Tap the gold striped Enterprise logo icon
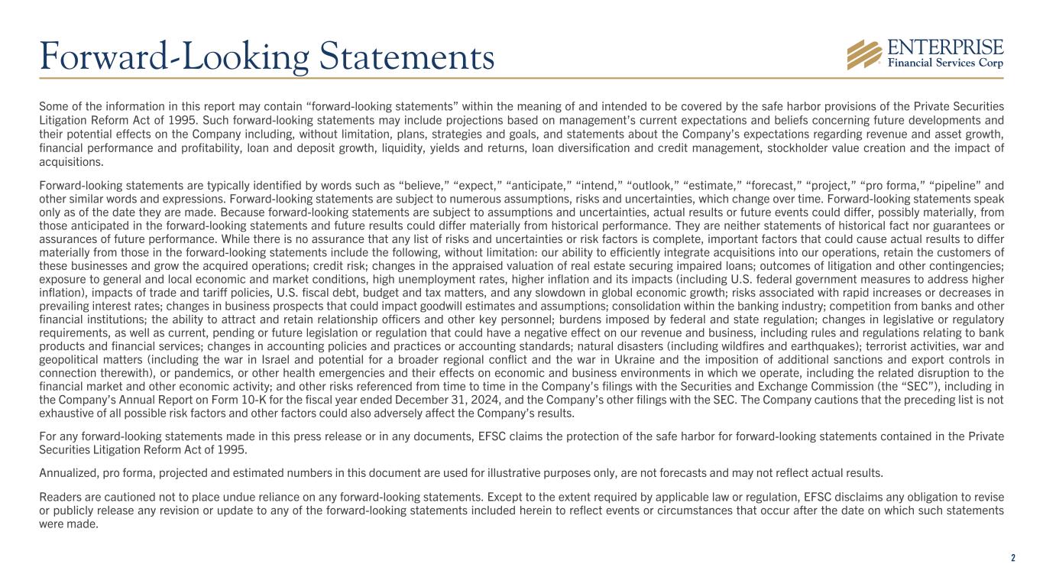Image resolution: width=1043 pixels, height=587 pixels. (864, 54)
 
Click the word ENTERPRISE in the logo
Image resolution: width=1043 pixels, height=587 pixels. (944, 47)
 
